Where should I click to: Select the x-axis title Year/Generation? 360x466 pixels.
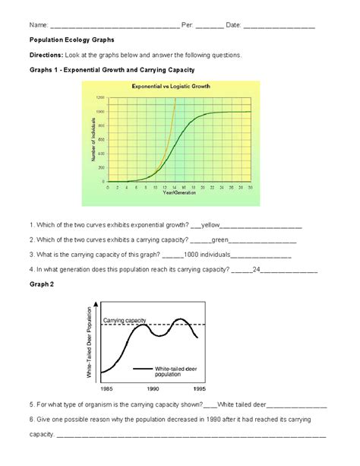pos(178,193)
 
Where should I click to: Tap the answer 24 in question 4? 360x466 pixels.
pos(257,268)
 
